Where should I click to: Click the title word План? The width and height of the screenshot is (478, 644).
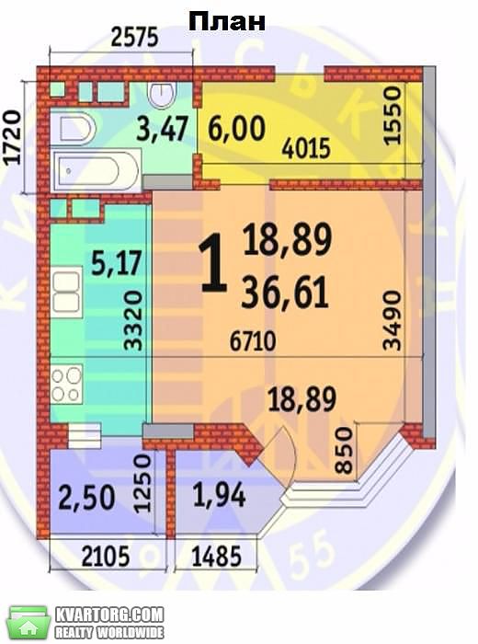coord(227,21)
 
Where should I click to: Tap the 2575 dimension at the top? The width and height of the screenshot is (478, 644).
coord(134,38)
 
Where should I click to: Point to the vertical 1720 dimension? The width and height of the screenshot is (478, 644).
coord(11,138)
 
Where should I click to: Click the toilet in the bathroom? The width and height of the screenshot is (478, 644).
coord(162,95)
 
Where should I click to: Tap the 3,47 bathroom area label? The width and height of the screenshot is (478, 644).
coord(163,128)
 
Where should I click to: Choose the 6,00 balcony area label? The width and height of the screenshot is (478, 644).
coord(236,128)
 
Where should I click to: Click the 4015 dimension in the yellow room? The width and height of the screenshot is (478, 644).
coord(306,148)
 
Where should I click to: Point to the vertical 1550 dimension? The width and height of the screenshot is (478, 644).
coord(392,115)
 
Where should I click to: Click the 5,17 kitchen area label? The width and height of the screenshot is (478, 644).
coord(116,263)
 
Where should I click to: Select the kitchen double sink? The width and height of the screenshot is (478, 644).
coord(66,291)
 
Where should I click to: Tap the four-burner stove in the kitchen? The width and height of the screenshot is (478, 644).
coord(67,384)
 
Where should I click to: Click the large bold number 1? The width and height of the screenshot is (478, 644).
coord(213,266)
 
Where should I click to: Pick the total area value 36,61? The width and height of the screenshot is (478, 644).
coord(285,293)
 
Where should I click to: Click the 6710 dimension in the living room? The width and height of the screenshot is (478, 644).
coord(253,341)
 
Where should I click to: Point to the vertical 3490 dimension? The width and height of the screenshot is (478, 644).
coord(392,320)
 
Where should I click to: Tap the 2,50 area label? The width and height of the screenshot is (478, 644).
coord(86,498)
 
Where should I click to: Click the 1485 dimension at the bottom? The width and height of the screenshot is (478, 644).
coord(217,557)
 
